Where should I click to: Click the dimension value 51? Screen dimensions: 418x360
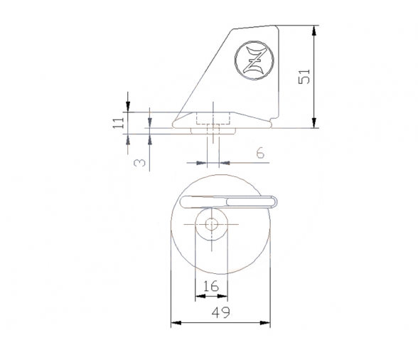[x=304, y=77]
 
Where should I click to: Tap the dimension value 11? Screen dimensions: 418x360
[x=118, y=123]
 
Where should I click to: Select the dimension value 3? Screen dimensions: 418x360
[x=139, y=163]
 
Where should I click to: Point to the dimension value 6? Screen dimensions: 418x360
[x=260, y=153]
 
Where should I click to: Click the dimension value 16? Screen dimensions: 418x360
[x=211, y=286]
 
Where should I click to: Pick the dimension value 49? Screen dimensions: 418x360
[x=220, y=312]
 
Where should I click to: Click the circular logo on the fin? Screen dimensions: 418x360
[x=254, y=60]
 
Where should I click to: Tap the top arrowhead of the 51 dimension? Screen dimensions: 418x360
[x=314, y=31]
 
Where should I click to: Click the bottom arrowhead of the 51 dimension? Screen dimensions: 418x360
[x=314, y=122]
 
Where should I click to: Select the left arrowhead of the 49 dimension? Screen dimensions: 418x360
[x=176, y=323]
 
